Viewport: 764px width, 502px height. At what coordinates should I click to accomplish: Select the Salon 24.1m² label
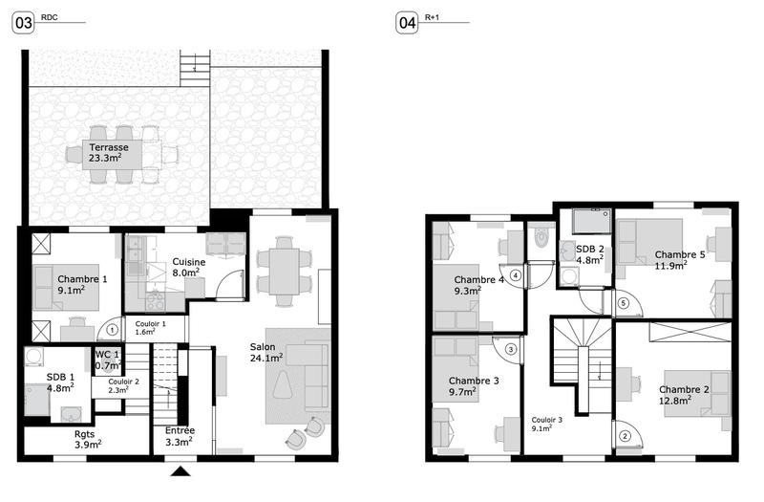click(x=267, y=353)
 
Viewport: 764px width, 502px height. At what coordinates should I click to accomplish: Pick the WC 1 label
click(x=107, y=360)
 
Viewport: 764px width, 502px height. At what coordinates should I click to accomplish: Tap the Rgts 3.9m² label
click(x=87, y=439)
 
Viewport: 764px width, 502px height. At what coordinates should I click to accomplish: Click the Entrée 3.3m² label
click(x=180, y=436)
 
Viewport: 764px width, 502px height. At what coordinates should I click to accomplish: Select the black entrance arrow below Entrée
click(x=180, y=471)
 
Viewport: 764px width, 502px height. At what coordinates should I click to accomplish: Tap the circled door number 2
click(x=626, y=438)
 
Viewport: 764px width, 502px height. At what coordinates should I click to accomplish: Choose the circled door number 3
click(x=511, y=350)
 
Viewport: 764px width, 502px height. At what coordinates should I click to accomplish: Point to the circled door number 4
click(x=516, y=275)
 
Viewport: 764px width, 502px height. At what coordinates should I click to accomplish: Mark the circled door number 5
click(x=623, y=304)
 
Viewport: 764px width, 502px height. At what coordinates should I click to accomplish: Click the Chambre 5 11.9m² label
click(x=680, y=260)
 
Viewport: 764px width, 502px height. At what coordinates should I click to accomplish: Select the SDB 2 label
click(x=589, y=253)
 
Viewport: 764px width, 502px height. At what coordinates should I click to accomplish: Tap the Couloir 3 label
click(x=547, y=424)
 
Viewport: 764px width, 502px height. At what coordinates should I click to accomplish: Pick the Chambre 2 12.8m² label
click(x=684, y=395)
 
